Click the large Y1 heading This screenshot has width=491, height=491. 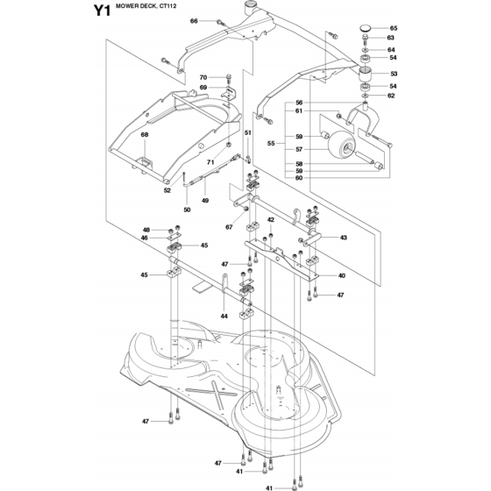[102, 11]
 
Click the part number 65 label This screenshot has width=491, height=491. [394, 28]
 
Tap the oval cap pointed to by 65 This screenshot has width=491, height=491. [365, 28]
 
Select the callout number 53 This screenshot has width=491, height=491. [394, 74]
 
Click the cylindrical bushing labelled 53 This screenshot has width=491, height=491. [365, 75]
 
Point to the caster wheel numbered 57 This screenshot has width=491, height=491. [342, 145]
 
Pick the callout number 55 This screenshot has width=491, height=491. [271, 143]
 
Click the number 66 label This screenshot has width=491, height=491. [194, 21]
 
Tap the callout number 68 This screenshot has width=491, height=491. [145, 135]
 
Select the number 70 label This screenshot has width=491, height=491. [203, 77]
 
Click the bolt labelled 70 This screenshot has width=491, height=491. [228, 79]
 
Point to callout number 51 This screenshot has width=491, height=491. [247, 132]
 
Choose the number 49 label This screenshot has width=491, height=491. [205, 201]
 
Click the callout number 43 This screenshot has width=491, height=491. [344, 238]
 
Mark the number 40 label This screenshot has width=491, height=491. [342, 275]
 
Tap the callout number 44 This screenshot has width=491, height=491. [224, 317]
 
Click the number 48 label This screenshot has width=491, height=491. [146, 230]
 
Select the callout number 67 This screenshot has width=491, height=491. [229, 227]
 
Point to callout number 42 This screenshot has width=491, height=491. [271, 220]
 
